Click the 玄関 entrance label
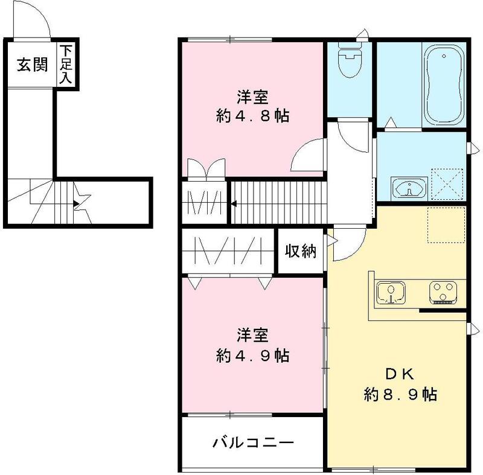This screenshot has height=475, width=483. click(x=32, y=65)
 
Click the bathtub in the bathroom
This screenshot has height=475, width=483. click(x=444, y=85)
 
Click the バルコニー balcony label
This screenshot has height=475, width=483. click(x=253, y=444)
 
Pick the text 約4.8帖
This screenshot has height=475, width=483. click(x=252, y=115)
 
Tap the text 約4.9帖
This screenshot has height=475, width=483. click(x=252, y=355)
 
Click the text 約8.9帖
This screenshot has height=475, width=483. click(x=400, y=395)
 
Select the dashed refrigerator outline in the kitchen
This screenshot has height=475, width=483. click(x=446, y=225)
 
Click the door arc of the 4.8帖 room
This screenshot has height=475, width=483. click(x=307, y=155)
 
